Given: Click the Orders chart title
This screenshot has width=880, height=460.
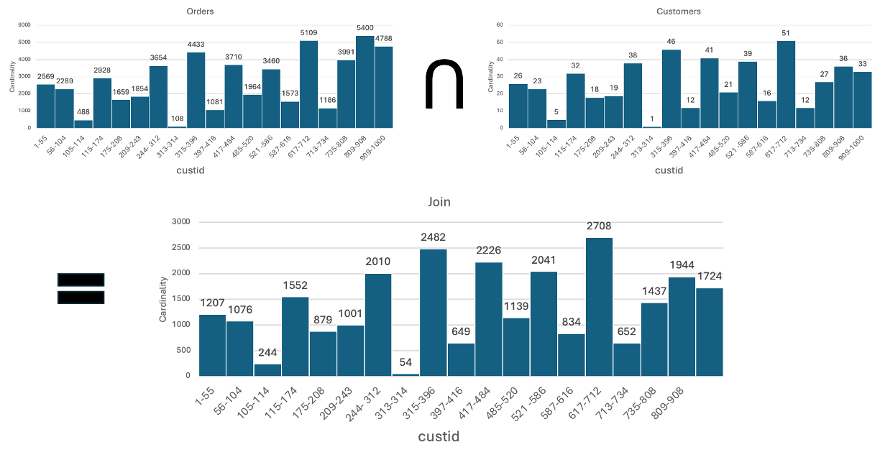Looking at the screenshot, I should (199, 11).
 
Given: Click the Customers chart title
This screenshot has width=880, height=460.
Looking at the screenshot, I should (678, 11).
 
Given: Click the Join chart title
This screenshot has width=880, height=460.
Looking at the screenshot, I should (439, 202).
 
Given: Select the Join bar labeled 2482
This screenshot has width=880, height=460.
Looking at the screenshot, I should (434, 313).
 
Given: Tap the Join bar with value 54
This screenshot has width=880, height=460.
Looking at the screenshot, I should (405, 373).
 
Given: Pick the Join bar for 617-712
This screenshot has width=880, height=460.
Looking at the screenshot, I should (599, 307).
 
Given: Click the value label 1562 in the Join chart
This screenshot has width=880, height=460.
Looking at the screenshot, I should (295, 285).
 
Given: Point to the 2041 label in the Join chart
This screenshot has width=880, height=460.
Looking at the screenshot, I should (544, 260).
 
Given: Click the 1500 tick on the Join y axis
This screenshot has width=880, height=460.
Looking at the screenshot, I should (180, 299).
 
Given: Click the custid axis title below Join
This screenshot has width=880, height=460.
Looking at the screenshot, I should (439, 437).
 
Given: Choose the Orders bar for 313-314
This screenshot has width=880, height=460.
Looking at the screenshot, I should (177, 126).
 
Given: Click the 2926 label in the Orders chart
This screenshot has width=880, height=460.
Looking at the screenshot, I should (102, 70).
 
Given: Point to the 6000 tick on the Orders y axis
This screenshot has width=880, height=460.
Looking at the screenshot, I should (24, 25).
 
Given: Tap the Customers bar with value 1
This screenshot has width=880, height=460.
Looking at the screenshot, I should (651, 126).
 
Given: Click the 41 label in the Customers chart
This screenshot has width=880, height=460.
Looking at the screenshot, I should (710, 50).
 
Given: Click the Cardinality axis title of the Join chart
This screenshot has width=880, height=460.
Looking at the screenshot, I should (163, 299).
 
